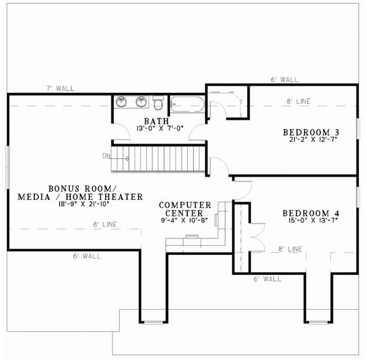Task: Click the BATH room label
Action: click(x=157, y=120)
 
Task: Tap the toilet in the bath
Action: click(x=158, y=101)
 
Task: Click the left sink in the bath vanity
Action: click(x=122, y=101)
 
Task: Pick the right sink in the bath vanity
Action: click(x=141, y=101)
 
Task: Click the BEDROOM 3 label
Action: click(x=311, y=132)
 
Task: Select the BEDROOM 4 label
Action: click(x=311, y=213)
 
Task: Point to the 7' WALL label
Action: click(x=61, y=89)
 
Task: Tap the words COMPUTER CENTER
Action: click(x=185, y=209)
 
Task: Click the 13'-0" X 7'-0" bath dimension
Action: click(x=157, y=128)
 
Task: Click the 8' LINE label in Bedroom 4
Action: click(x=290, y=249)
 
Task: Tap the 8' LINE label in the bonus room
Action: click(x=105, y=225)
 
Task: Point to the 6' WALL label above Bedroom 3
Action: click(x=284, y=79)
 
